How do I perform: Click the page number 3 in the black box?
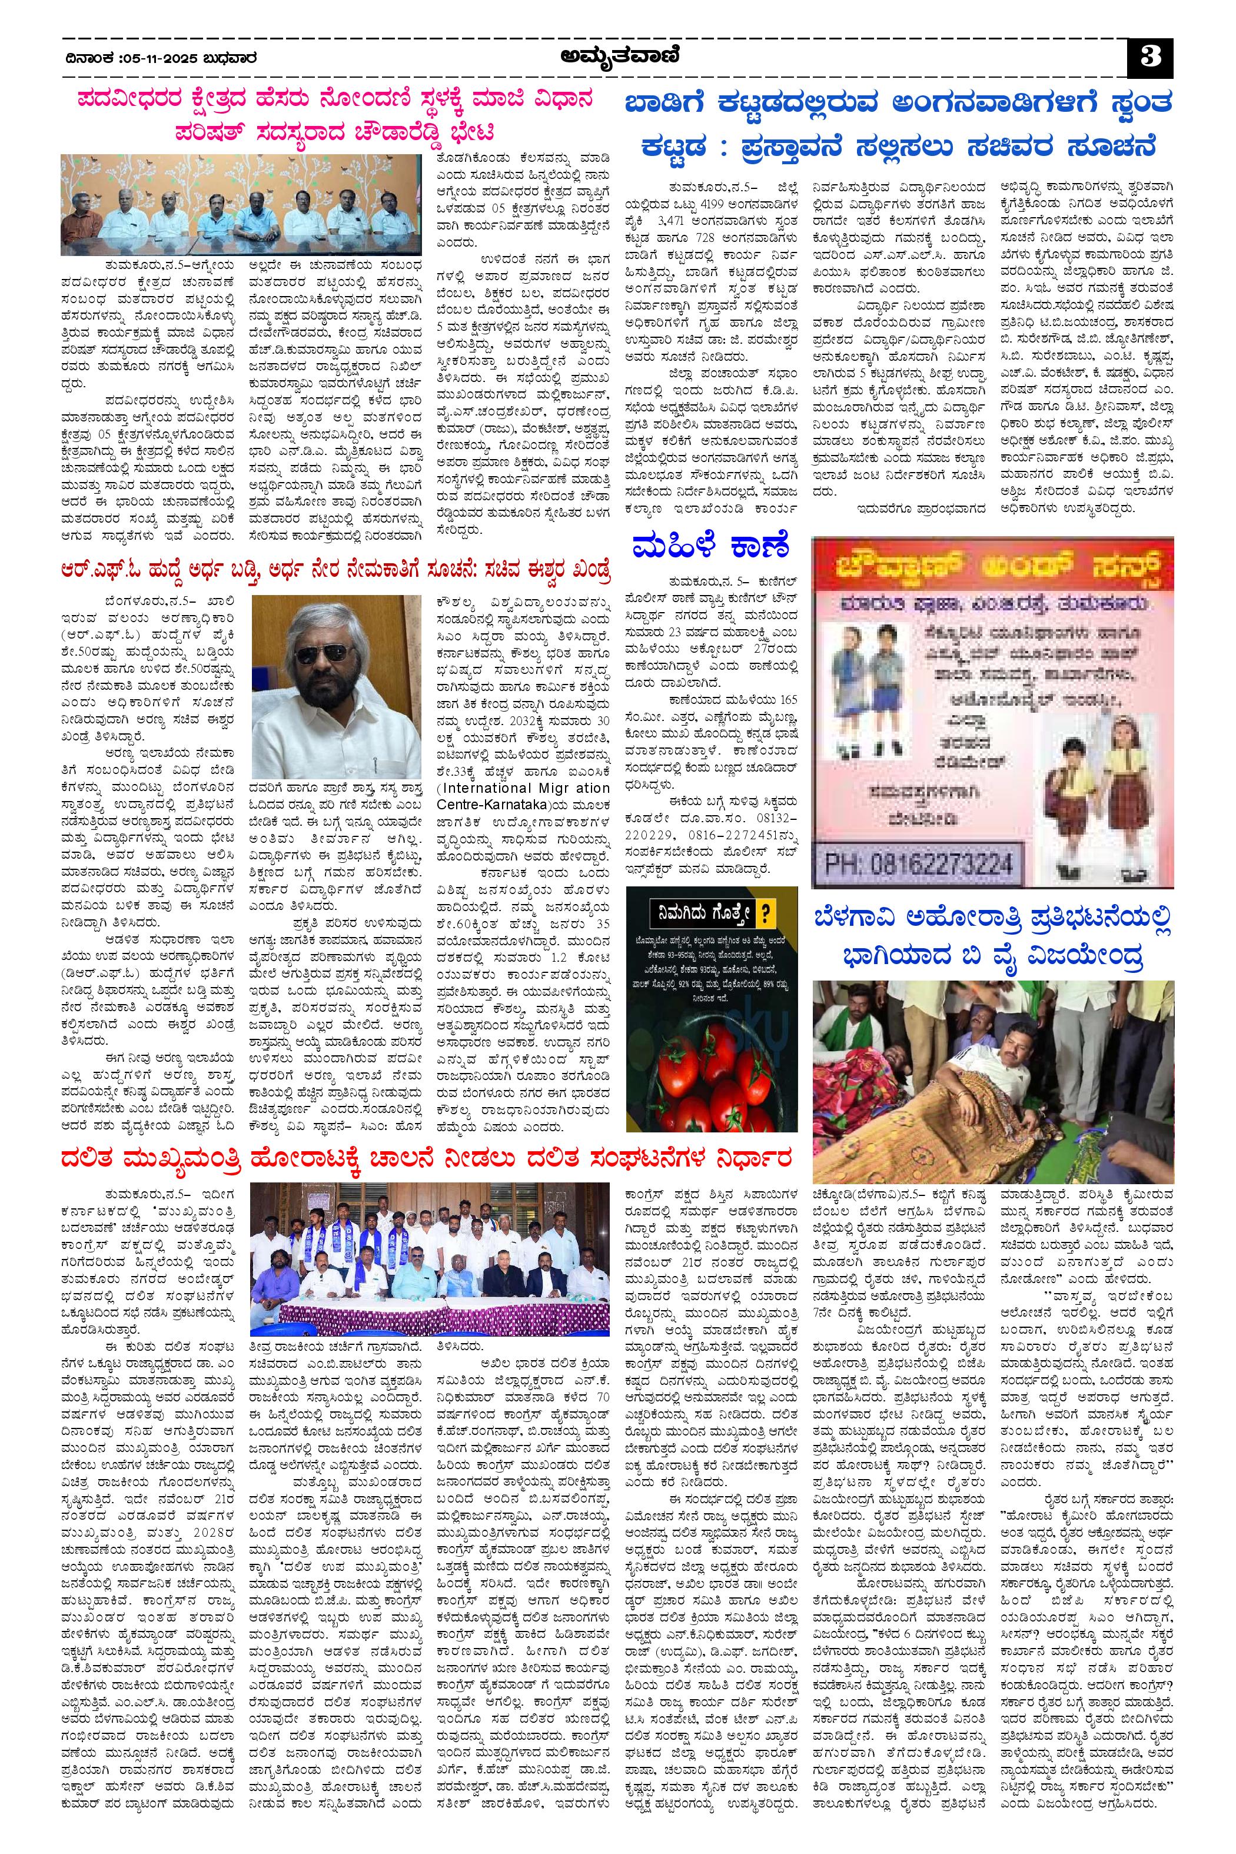(1150, 58)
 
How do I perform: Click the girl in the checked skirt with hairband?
(1129, 765)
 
